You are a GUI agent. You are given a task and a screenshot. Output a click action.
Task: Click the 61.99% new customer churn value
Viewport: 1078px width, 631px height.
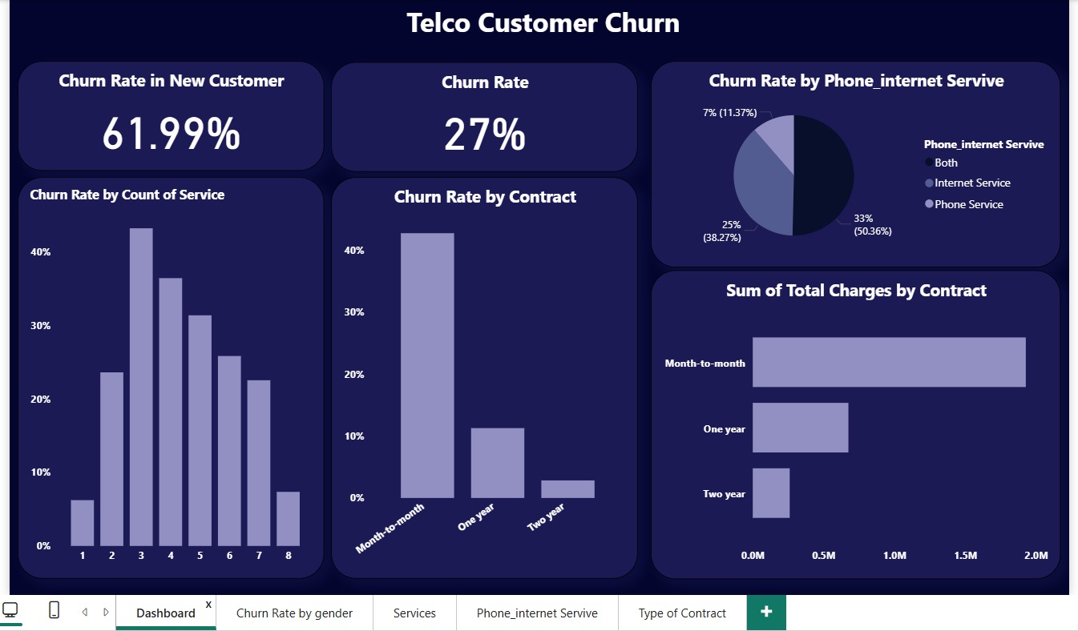pyautogui.click(x=171, y=134)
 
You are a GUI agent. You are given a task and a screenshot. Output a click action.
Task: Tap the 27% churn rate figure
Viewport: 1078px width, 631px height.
pyautogui.click(x=484, y=135)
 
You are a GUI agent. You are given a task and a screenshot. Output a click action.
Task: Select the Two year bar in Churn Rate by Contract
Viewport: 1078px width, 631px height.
pyautogui.click(x=567, y=488)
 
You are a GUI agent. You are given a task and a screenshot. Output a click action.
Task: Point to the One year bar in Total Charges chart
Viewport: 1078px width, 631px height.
pyautogui.click(x=800, y=428)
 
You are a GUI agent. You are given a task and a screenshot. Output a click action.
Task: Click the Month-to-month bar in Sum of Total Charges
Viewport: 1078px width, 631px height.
pyautogui.click(x=888, y=362)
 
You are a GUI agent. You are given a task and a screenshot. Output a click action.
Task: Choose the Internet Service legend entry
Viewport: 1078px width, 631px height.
pyautogui.click(x=971, y=183)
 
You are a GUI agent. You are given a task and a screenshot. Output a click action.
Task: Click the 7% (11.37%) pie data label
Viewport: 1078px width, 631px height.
pyautogui.click(x=729, y=113)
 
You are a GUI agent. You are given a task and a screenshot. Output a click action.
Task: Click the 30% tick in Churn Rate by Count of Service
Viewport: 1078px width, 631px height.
pyautogui.click(x=40, y=326)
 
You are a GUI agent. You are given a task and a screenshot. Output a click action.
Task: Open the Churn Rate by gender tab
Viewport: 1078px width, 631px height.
pyautogui.click(x=294, y=613)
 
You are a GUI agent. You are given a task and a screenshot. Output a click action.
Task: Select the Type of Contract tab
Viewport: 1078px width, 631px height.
pyautogui.click(x=682, y=613)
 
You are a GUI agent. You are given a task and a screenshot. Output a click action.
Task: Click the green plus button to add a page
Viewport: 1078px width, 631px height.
pyautogui.click(x=766, y=612)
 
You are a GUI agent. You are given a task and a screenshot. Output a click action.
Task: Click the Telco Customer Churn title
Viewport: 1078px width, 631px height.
pyautogui.click(x=543, y=22)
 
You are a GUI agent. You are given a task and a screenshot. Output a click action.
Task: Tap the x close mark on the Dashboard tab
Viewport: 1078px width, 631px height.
pyautogui.click(x=208, y=604)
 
